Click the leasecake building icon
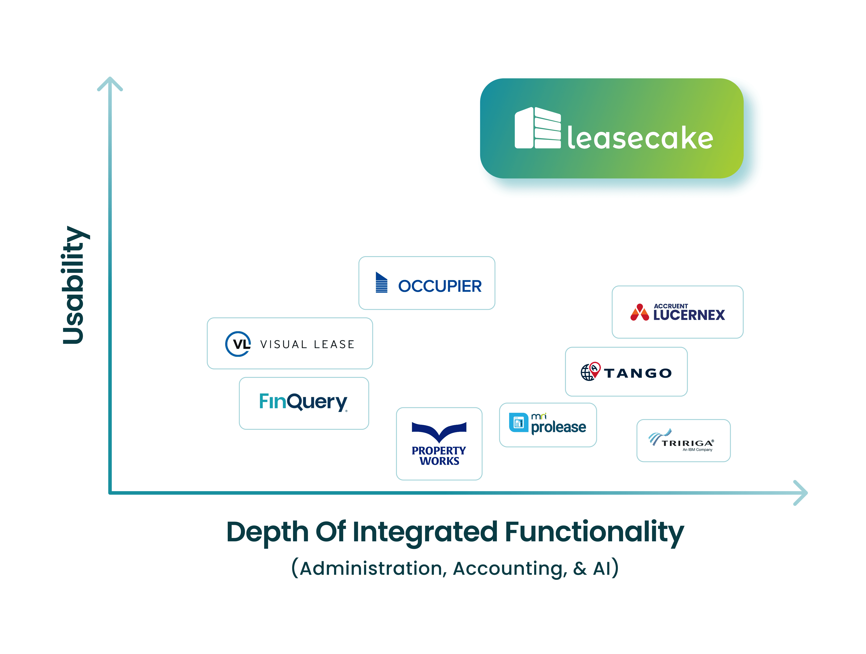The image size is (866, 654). (x=538, y=128)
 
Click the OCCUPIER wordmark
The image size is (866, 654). (x=440, y=286)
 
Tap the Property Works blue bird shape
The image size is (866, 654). (x=439, y=431)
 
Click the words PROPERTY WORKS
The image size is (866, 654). (x=439, y=456)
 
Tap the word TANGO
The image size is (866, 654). (x=638, y=373)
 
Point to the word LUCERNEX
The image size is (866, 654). (x=689, y=315)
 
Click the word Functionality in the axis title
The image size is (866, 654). (x=594, y=532)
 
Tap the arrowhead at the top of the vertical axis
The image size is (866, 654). (x=110, y=83)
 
